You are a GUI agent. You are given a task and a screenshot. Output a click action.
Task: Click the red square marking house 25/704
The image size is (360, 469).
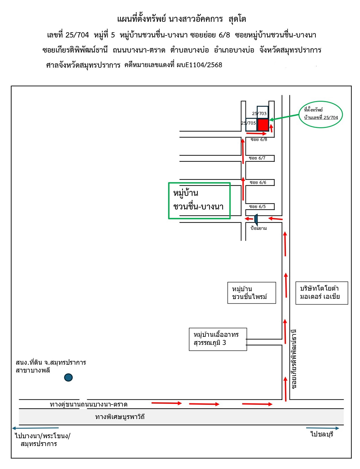[x=263, y=125]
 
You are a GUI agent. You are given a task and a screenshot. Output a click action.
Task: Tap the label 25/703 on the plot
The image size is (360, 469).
[x=259, y=114]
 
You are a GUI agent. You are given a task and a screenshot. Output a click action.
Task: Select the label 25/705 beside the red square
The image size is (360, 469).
[x=248, y=123]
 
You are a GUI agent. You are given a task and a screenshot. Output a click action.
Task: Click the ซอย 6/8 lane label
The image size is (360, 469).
[x=259, y=139]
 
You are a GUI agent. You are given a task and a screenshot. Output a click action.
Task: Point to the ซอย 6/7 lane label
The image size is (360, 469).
[x=257, y=158]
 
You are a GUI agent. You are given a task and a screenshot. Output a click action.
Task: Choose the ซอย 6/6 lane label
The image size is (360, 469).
[x=258, y=182]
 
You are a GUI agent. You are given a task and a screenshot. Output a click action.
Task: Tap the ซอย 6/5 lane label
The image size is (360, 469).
[x=257, y=207]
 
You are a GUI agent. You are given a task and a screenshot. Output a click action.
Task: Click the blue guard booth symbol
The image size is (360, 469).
[x=256, y=219]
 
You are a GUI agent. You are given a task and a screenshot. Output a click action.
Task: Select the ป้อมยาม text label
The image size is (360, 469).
[x=258, y=228]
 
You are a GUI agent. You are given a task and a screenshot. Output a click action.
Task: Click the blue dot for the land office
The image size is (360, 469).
[x=68, y=377]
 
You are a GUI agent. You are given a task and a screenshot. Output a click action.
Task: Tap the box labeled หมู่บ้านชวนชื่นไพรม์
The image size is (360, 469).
[x=251, y=293]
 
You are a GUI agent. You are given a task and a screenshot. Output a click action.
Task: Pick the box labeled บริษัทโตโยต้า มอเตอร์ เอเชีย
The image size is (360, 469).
[x=321, y=293]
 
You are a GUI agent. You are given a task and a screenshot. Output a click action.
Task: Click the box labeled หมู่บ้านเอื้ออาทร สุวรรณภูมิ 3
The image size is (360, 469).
[x=218, y=339]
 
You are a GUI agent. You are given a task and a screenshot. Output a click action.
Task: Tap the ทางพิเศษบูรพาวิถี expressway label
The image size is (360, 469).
[x=120, y=417]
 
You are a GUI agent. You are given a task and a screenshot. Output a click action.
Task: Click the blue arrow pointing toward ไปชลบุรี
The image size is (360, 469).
[x=322, y=428]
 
